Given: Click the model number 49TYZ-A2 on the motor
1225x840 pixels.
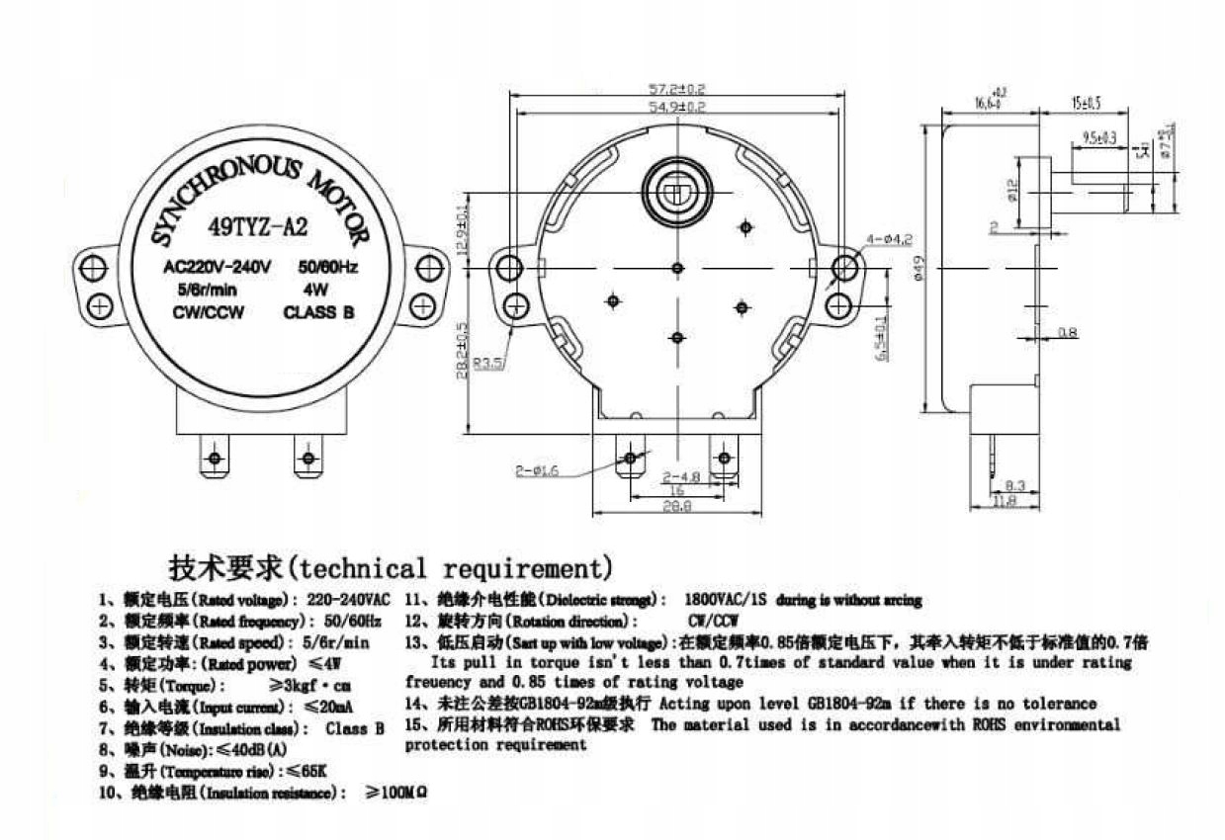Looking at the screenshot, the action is (258, 226).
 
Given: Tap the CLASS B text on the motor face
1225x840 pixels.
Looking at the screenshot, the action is (318, 313).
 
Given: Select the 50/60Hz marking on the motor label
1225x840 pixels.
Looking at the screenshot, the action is (328, 267).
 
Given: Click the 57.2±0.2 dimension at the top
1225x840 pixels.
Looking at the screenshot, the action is (676, 89).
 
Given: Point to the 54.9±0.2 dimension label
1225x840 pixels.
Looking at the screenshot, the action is (676, 106).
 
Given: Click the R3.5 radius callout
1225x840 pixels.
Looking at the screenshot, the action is (487, 364).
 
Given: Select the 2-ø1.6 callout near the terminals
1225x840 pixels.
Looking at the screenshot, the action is (536, 471).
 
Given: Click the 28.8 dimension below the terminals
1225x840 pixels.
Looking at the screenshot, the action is (676, 505).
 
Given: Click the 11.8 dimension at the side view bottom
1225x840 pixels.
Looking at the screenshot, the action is (1005, 502).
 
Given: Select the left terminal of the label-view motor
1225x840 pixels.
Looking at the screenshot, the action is (214, 459).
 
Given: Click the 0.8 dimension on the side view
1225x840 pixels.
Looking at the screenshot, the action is (1067, 333).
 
